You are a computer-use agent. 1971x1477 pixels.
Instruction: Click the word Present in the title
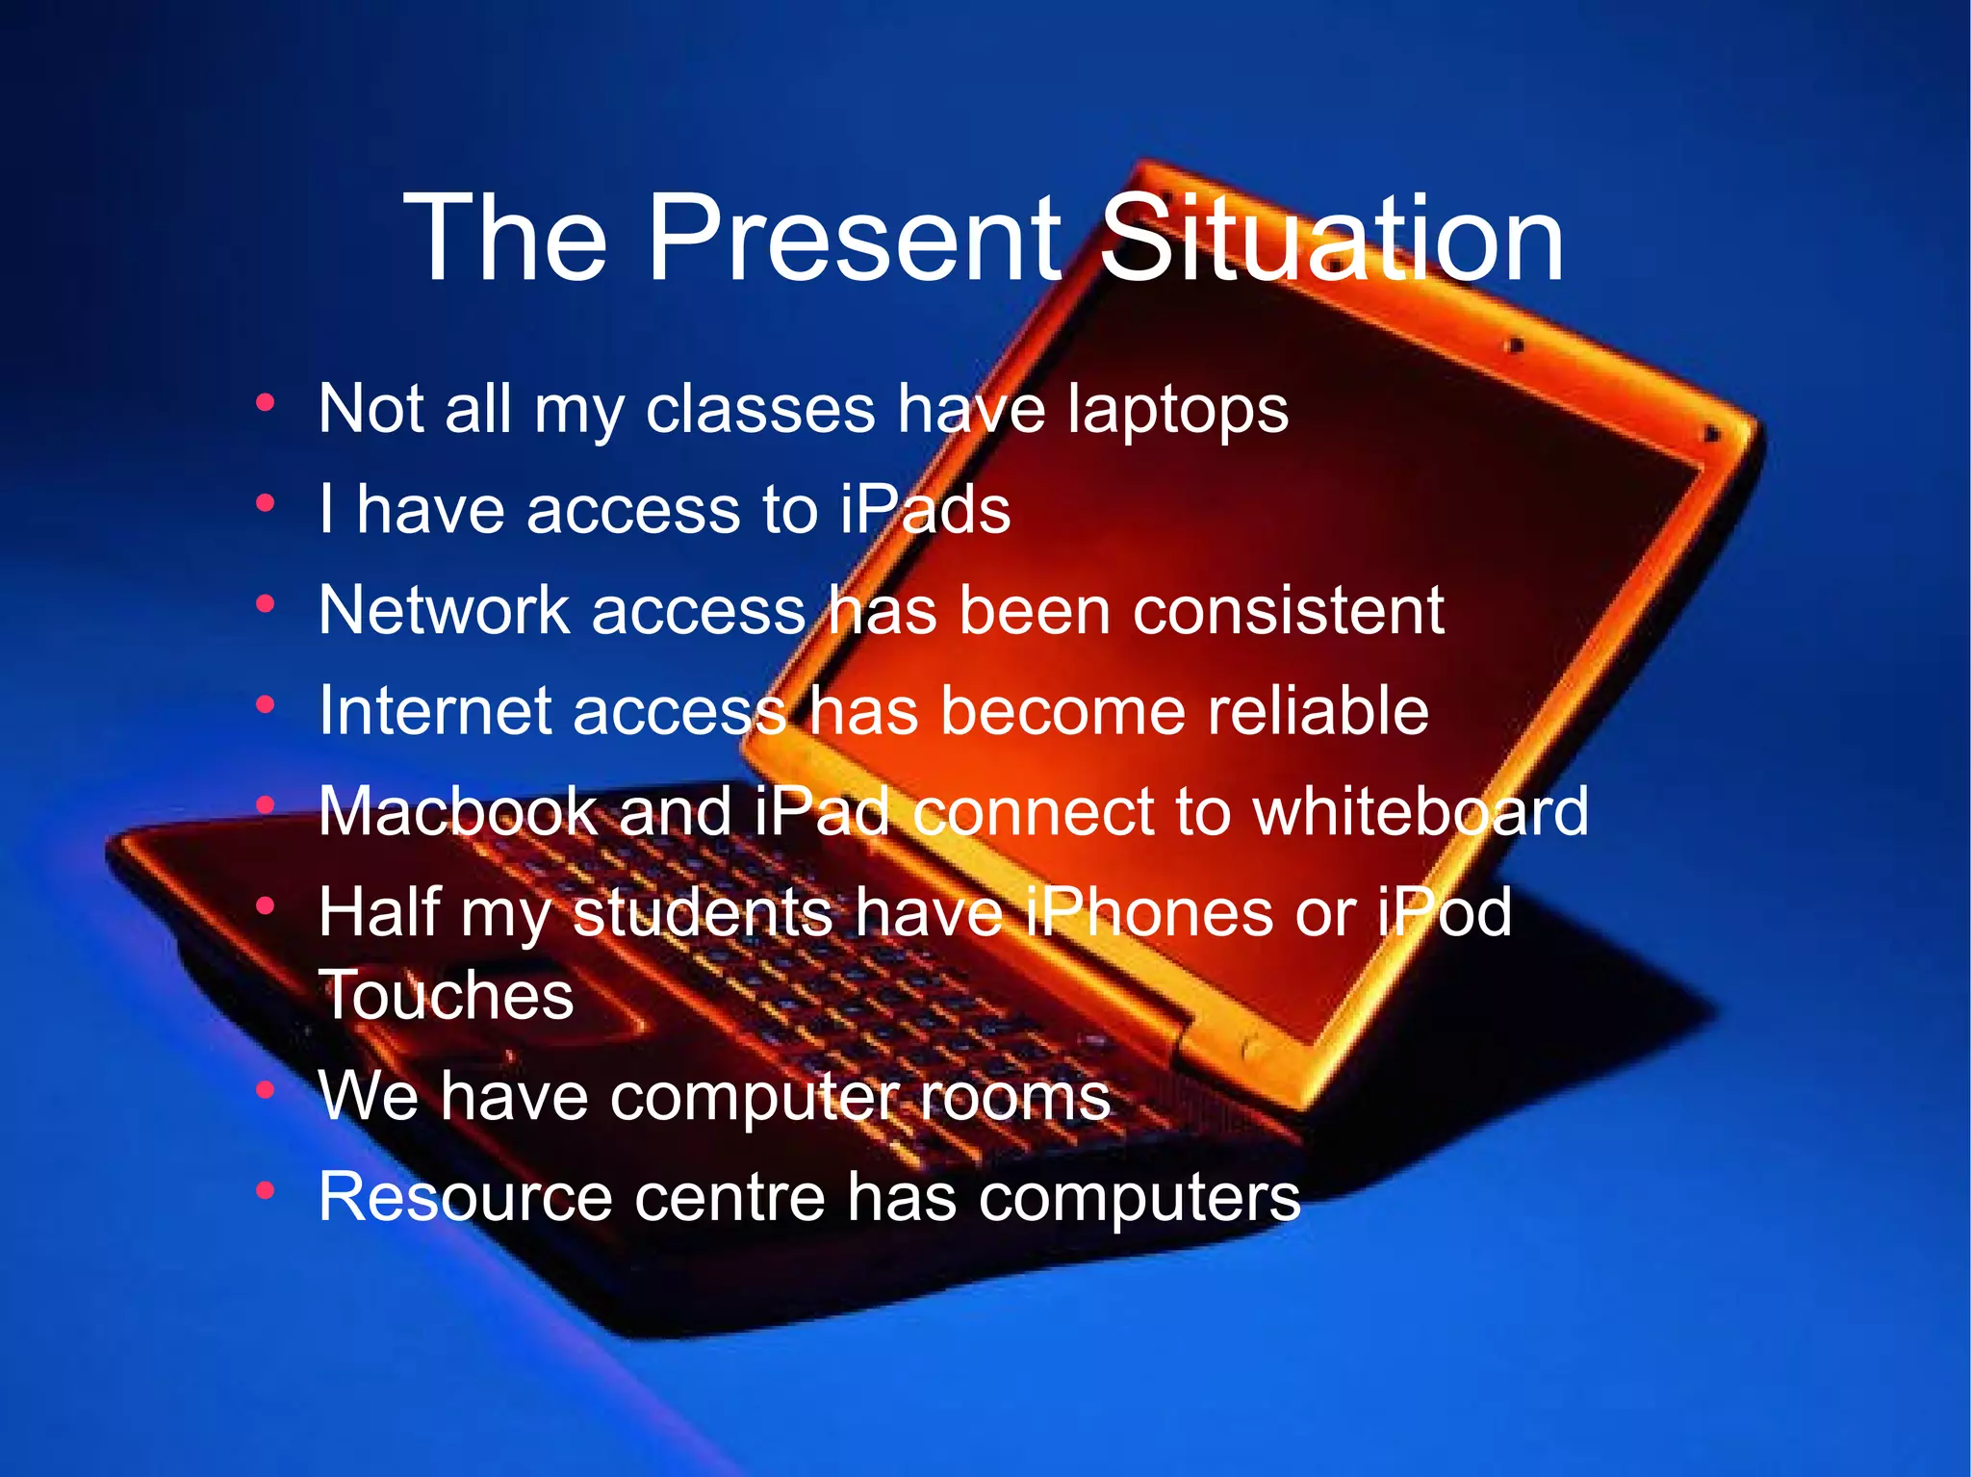[x=854, y=238]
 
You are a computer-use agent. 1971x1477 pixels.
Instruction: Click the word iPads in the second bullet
[x=925, y=509]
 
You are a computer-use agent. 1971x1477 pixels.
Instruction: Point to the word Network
[x=445, y=610]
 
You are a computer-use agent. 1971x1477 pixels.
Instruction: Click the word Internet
[x=435, y=711]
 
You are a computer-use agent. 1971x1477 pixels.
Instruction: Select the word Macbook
[x=457, y=811]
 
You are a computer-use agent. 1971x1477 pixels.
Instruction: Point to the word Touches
[x=447, y=995]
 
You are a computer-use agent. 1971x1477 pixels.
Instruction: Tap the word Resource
[x=465, y=1197]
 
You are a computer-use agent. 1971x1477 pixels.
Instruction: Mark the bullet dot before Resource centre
[x=266, y=1191]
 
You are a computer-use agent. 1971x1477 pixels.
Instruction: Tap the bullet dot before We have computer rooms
[x=266, y=1090]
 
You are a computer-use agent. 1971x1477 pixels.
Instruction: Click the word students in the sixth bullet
[x=703, y=912]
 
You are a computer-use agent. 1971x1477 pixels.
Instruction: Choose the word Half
[x=379, y=912]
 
